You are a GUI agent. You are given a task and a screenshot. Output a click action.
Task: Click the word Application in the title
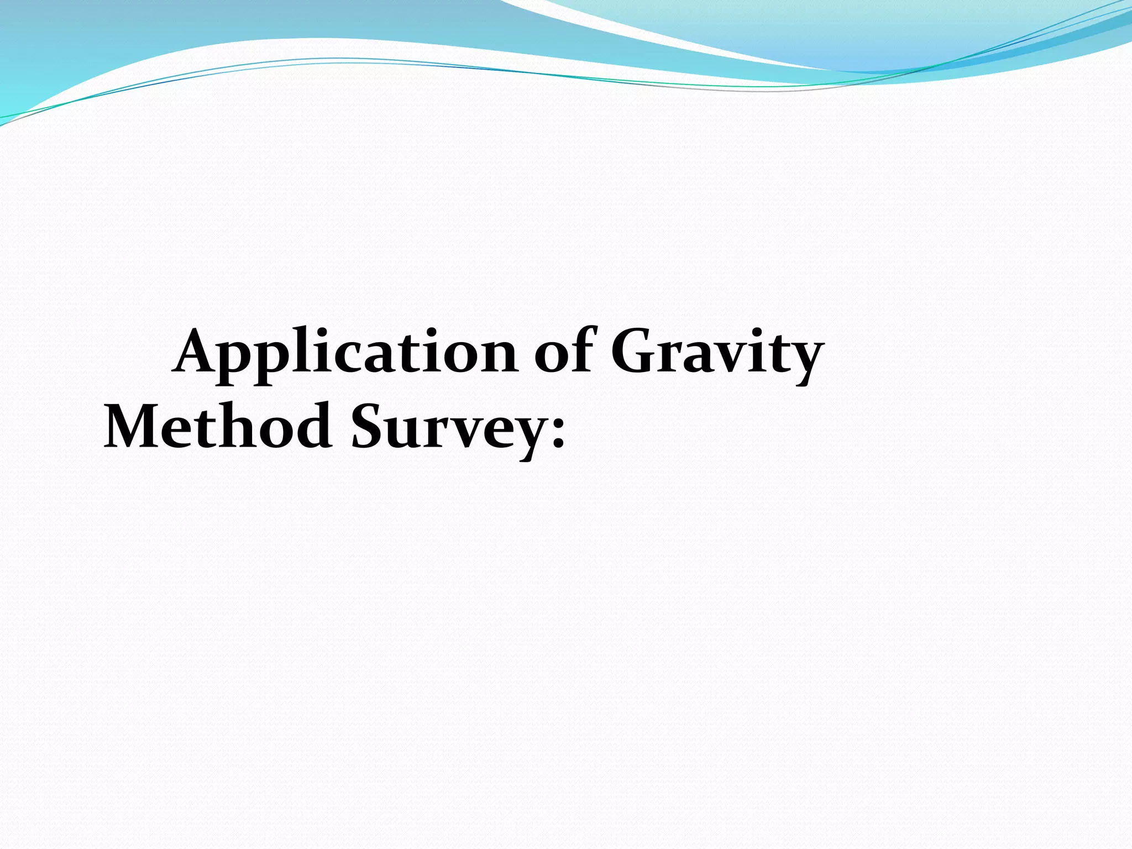click(345, 354)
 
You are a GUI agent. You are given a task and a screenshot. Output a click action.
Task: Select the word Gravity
click(717, 354)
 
